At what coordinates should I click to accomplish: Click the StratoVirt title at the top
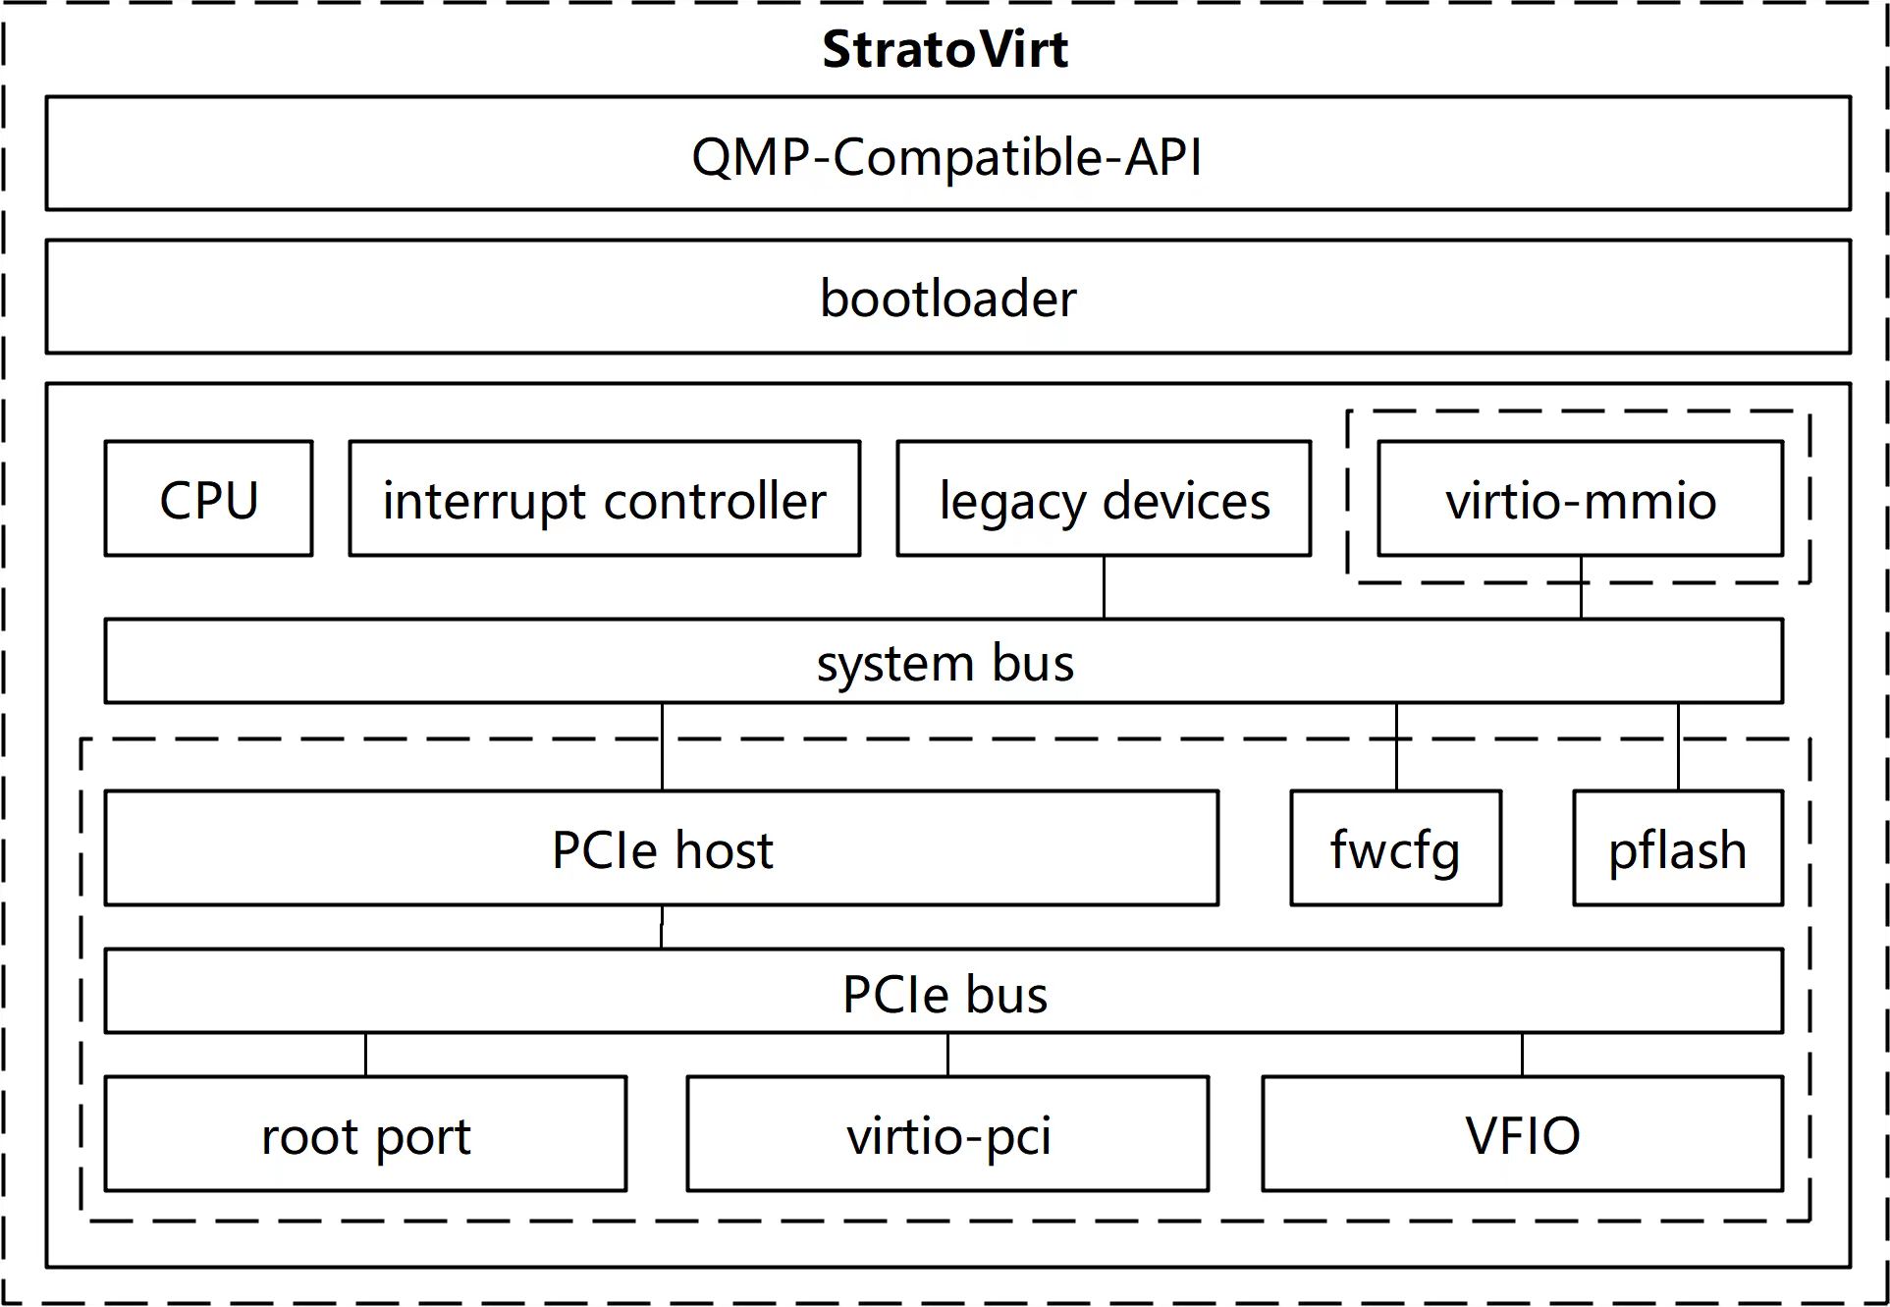(x=945, y=49)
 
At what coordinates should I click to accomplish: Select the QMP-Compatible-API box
(x=947, y=154)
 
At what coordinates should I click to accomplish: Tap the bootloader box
(x=947, y=297)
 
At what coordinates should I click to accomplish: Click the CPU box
(x=208, y=499)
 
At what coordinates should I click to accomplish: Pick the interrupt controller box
(x=604, y=499)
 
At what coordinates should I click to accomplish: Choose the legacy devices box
(x=1104, y=499)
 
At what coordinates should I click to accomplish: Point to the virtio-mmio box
(x=1580, y=499)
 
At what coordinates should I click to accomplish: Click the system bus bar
(x=944, y=661)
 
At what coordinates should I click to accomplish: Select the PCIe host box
(x=661, y=848)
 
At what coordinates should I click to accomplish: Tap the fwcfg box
(x=1395, y=848)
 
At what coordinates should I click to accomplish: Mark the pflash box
(x=1677, y=848)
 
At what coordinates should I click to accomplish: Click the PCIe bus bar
(x=944, y=992)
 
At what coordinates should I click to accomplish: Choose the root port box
(x=365, y=1134)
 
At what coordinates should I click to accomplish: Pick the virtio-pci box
(x=947, y=1134)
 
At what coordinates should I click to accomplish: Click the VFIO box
(x=1522, y=1134)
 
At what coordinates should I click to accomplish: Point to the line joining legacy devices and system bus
(x=1104, y=587)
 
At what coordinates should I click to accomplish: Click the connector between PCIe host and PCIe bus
(x=662, y=927)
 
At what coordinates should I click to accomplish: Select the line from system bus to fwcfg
(x=1396, y=746)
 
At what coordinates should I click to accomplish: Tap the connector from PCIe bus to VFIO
(x=1522, y=1055)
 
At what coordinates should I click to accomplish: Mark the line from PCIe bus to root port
(x=365, y=1055)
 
